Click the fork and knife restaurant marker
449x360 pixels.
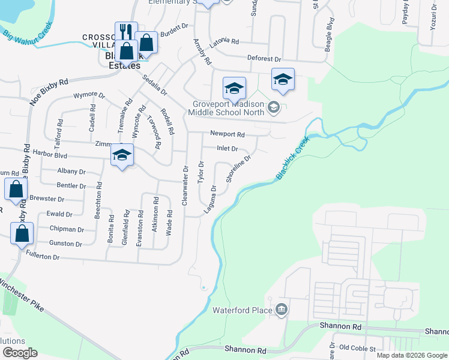126,32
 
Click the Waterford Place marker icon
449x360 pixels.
282,310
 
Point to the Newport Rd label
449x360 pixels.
228,134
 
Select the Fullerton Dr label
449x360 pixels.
43,256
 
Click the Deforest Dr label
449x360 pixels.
264,59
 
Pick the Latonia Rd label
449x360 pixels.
225,43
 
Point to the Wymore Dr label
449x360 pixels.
89,95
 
